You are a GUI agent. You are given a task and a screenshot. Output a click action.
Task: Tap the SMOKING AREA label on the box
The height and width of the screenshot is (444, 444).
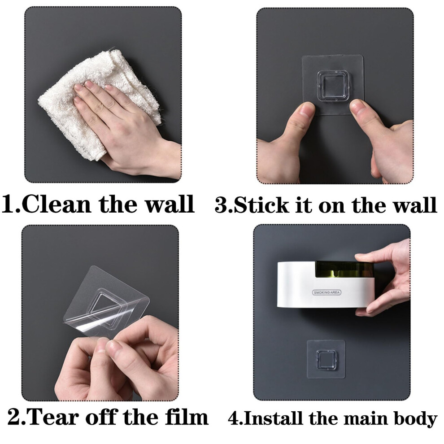click(x=327, y=292)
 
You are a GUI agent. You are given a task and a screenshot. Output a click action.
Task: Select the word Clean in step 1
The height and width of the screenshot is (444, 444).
click(x=57, y=204)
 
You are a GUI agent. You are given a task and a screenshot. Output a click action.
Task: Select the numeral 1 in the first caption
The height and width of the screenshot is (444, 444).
click(x=8, y=205)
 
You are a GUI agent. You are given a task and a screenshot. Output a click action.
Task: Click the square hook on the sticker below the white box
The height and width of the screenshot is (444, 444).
click(x=326, y=359)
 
